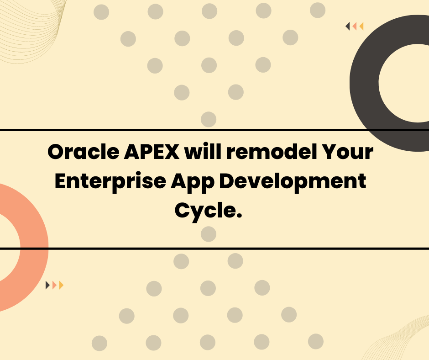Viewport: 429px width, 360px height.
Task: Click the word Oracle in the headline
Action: (x=84, y=152)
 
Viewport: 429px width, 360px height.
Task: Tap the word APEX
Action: (x=152, y=152)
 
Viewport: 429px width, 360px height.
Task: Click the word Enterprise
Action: (x=110, y=182)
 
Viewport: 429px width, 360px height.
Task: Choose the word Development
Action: (x=293, y=182)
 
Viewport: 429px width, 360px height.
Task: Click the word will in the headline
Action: (x=203, y=152)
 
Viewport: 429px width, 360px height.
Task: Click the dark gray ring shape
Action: (x=364, y=82)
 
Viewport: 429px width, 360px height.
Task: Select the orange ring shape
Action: (x=34, y=247)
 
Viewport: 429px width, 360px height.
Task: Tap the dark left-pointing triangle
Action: (x=347, y=26)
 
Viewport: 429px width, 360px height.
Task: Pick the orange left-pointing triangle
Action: (x=355, y=26)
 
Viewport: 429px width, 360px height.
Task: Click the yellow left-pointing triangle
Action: (x=361, y=26)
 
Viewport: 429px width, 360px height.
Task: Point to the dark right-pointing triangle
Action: (x=47, y=285)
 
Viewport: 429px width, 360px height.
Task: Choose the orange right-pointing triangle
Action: (x=54, y=285)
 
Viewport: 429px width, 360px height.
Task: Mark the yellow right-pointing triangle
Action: (x=61, y=285)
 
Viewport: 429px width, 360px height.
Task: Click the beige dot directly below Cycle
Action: (x=209, y=234)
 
